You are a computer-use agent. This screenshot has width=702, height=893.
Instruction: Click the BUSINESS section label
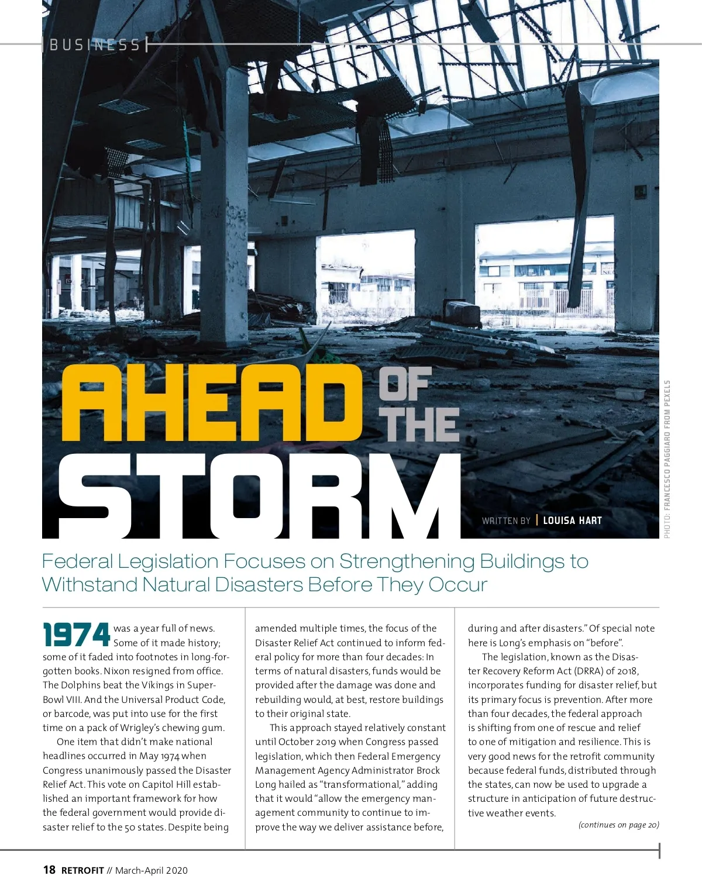pos(95,45)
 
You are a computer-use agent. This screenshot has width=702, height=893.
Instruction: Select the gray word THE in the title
pos(419,425)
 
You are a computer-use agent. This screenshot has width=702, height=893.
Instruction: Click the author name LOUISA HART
pos(572,520)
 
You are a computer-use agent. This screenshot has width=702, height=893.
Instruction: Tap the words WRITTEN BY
pos(506,520)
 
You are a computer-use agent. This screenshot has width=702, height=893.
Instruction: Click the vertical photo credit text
pos(667,459)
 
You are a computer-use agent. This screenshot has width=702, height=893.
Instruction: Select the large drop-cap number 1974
pos(77,635)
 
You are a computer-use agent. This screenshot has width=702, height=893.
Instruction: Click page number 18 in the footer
pos(49,870)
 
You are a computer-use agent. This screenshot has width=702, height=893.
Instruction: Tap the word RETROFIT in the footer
pos(82,871)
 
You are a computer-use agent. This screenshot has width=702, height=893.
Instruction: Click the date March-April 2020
pos(152,871)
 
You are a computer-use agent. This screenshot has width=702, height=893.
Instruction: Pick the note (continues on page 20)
pos(618,825)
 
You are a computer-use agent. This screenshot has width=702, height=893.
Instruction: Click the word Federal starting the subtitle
pos(77,561)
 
